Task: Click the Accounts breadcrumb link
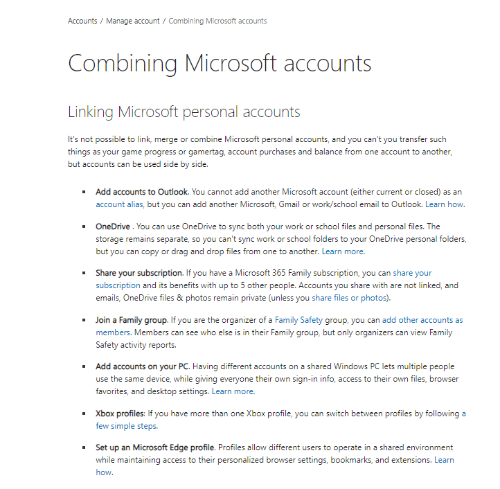tap(82, 21)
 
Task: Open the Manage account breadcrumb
tap(133, 21)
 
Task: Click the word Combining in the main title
tap(122, 63)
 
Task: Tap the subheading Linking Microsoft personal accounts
tap(184, 112)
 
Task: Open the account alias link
tap(120, 204)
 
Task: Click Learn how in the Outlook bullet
tap(444, 204)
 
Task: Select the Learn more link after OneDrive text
tap(342, 251)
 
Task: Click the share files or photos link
tap(350, 298)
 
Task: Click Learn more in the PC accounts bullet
tap(233, 391)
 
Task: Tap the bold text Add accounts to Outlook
tap(141, 192)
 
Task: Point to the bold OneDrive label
tap(113, 226)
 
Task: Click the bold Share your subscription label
tap(139, 273)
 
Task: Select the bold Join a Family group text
tap(132, 320)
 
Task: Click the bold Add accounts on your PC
tap(143, 366)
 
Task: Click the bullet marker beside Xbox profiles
tap(84, 414)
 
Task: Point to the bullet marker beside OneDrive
tap(84, 226)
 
